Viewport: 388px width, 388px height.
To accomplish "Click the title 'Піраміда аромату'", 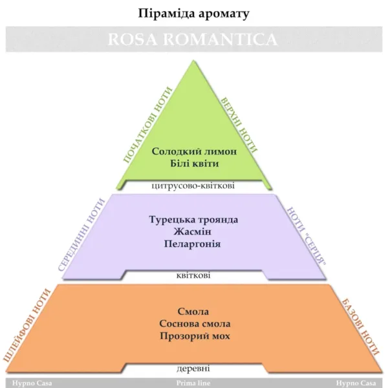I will (194, 12).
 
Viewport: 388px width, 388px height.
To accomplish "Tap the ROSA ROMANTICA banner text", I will (194, 39).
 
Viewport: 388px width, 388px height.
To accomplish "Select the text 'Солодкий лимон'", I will (194, 151).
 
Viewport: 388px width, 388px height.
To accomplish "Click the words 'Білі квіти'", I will (194, 163).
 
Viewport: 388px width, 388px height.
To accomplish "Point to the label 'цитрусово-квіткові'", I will (193, 186).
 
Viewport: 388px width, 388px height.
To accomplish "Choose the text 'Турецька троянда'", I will (193, 219).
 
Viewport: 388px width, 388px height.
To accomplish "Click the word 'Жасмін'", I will (193, 232).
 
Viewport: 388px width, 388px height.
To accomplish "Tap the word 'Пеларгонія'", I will (193, 244).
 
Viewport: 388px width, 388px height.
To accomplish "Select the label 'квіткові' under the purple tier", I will (193, 275).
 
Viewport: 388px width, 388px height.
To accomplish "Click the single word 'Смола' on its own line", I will (193, 311).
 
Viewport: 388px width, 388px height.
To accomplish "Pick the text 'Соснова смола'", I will (193, 323).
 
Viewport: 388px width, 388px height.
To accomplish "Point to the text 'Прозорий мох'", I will (193, 336).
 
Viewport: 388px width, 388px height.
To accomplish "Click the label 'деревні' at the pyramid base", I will (193, 369).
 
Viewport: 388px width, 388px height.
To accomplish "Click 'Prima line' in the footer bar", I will (194, 383).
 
